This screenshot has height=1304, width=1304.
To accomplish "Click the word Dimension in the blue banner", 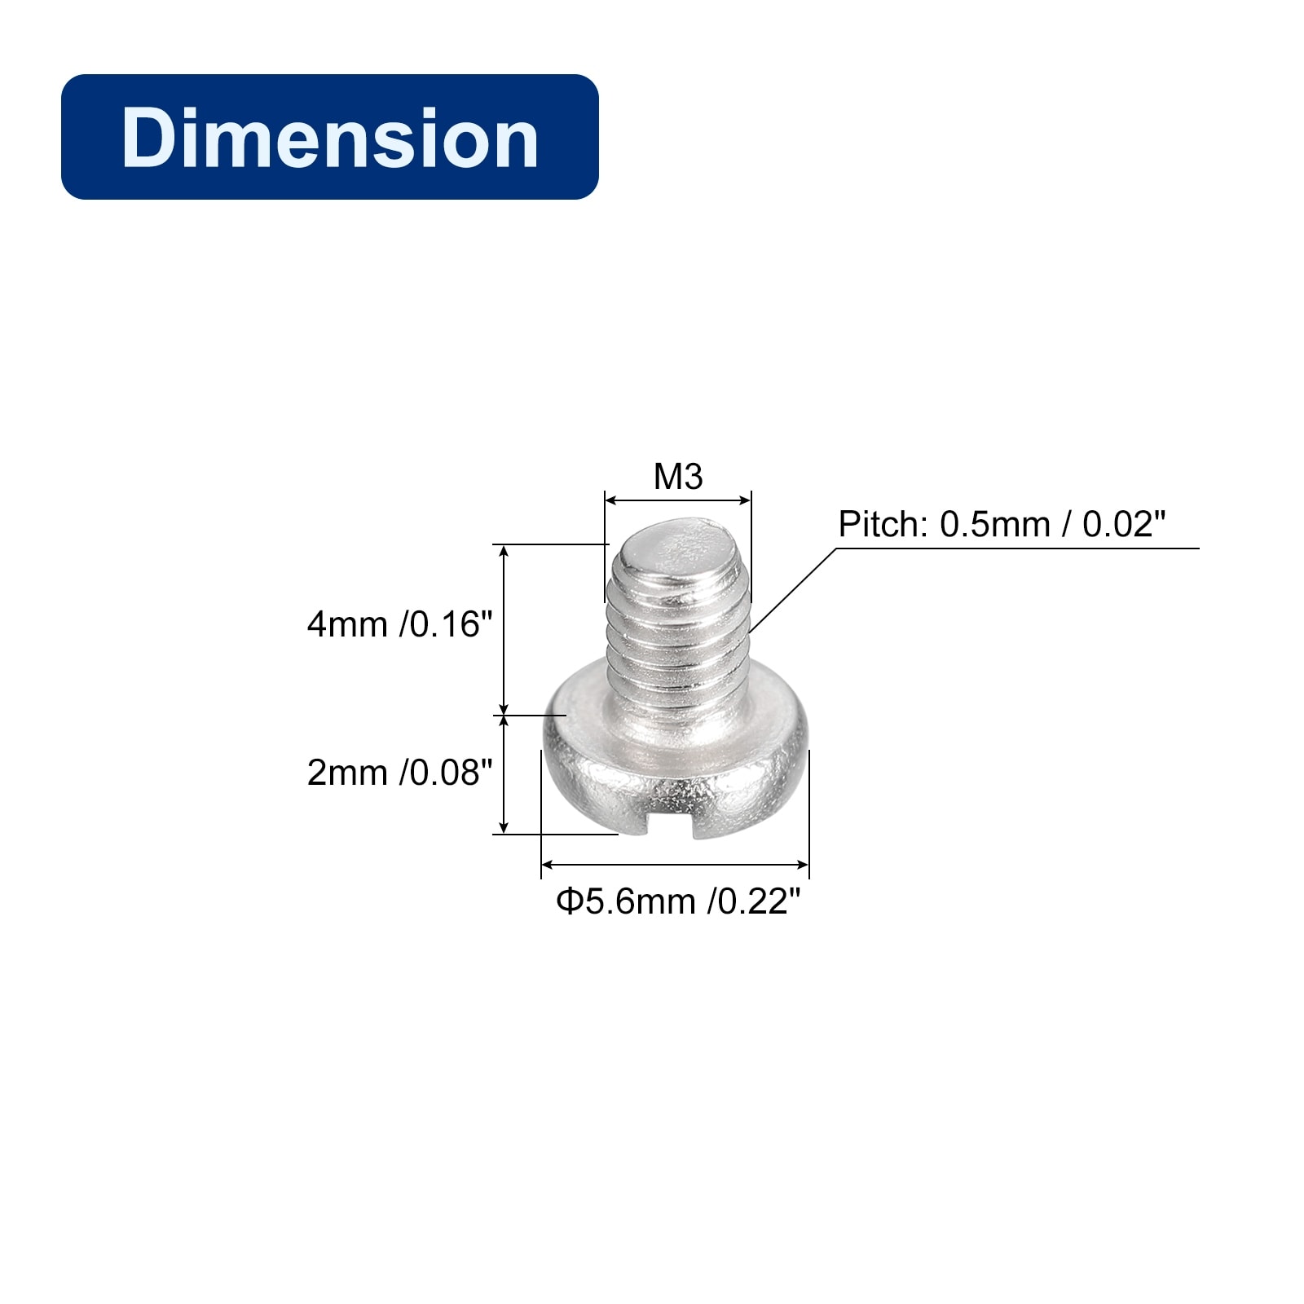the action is point(330,138).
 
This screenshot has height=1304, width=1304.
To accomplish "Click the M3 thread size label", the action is point(678,477).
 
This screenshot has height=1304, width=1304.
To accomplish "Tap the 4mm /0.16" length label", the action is point(399,625).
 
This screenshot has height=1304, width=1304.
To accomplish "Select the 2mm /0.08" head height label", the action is point(399,773).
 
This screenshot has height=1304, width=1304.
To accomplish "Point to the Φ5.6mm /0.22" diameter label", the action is point(679,902).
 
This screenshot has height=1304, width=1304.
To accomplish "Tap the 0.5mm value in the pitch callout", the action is point(995,524).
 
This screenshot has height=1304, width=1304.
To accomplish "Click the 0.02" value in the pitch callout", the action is point(1124,524).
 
